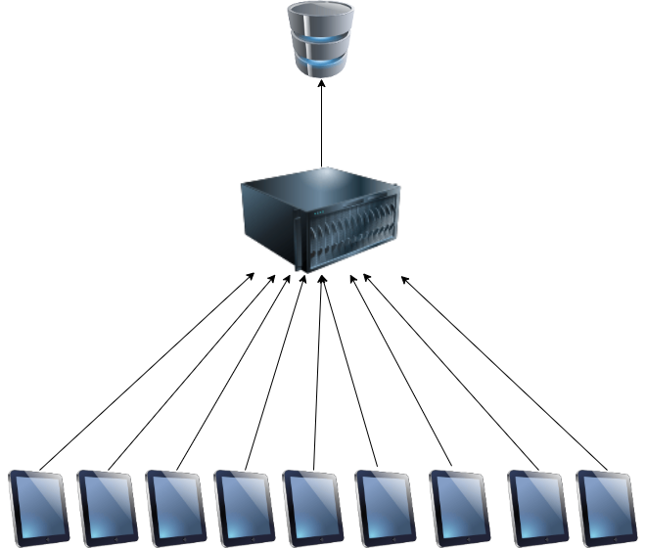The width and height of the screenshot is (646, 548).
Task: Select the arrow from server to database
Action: pyautogui.click(x=322, y=127)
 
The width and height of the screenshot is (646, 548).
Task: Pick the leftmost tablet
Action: pyautogui.click(x=39, y=507)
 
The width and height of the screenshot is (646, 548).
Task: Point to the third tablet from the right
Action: pyautogui.click(x=459, y=507)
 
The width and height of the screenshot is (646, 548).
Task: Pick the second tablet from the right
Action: pyautogui.click(x=537, y=507)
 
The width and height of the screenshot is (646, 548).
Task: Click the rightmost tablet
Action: pyautogui.click(x=606, y=507)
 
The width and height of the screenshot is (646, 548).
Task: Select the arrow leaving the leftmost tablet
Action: pyautogui.click(x=147, y=370)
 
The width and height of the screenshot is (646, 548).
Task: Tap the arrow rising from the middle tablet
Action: pyautogui.click(x=317, y=372)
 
